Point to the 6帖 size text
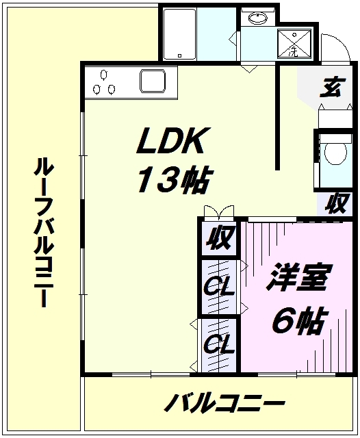[298, 320]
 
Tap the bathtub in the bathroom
[179, 34]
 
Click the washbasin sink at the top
[258, 18]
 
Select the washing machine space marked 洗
[294, 44]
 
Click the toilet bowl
[335, 153]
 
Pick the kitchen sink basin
[153, 81]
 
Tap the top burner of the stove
[103, 75]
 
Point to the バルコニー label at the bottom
[224, 403]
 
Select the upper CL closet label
[219, 287]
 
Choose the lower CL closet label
[219, 344]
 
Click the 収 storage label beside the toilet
[337, 203]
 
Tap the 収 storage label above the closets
[220, 237]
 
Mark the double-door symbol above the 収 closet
[219, 211]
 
